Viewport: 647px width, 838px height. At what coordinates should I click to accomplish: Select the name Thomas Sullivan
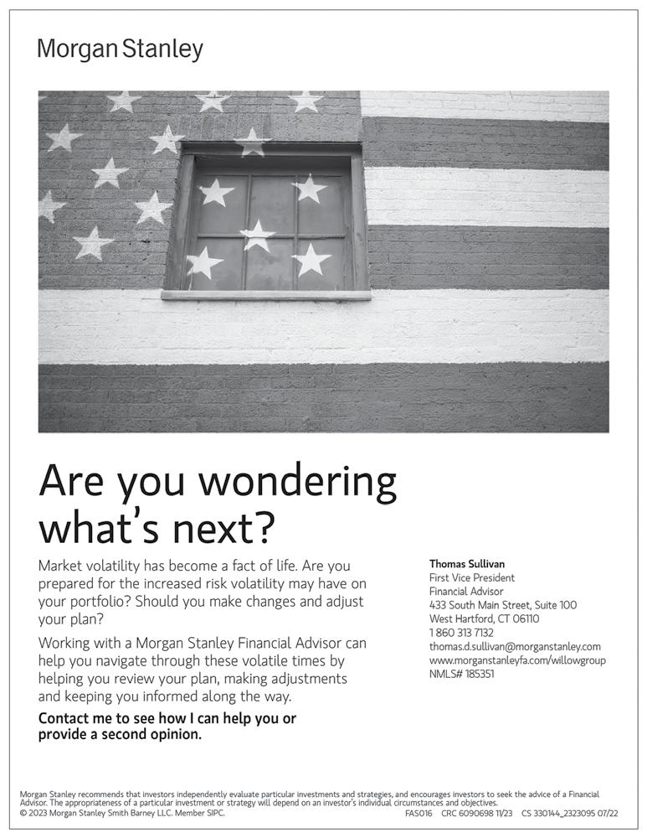click(467, 564)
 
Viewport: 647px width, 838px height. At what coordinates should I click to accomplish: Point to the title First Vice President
click(471, 577)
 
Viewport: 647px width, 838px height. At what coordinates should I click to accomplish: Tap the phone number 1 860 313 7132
click(461, 633)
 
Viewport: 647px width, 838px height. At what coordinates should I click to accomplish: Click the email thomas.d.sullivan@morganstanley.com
click(515, 646)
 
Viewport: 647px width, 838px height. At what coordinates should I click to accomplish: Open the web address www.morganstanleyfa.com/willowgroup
click(517, 660)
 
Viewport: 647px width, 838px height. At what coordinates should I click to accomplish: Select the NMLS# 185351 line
click(461, 673)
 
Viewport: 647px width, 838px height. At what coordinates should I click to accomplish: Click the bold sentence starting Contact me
click(167, 727)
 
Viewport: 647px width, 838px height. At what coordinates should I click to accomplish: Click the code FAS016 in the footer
click(418, 813)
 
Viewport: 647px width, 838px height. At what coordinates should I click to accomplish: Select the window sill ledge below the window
click(265, 295)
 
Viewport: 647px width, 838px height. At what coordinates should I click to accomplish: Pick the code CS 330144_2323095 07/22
click(569, 813)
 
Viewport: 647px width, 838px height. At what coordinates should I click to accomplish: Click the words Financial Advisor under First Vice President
click(466, 591)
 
